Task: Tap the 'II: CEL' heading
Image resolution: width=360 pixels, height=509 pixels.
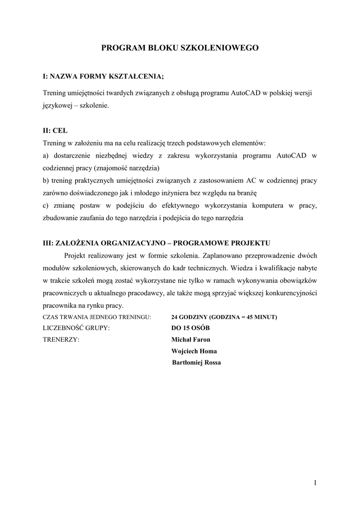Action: pyautogui.click(x=55, y=131)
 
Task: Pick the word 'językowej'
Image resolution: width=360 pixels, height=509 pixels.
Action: pyautogui.click(x=59, y=106)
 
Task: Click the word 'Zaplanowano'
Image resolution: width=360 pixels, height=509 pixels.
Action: pyautogui.click(x=224, y=256)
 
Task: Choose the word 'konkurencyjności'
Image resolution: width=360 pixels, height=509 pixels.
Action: pyautogui.click(x=290, y=293)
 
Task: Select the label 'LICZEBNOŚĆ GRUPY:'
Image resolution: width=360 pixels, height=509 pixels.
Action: pyautogui.click(x=76, y=328)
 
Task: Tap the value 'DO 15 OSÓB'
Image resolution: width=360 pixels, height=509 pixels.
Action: pyautogui.click(x=190, y=328)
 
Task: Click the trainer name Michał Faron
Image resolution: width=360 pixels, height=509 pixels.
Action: pyautogui.click(x=190, y=339)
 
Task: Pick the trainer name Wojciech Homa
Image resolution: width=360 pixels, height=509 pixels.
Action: pyautogui.click(x=194, y=351)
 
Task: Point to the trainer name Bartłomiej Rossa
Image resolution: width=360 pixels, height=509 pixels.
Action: pyautogui.click(x=196, y=362)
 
